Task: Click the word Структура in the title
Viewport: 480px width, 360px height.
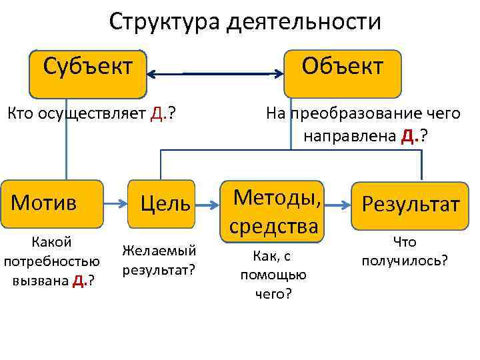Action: tap(163, 21)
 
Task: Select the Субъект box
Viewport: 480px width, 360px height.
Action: tap(87, 73)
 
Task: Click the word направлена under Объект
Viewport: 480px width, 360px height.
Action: tap(349, 137)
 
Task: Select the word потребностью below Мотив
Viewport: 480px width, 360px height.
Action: tap(52, 261)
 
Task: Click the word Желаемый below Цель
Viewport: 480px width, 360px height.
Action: tap(159, 250)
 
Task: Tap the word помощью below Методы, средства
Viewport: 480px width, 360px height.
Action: tap(273, 275)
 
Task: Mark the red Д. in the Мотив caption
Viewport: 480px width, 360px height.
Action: tap(78, 280)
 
